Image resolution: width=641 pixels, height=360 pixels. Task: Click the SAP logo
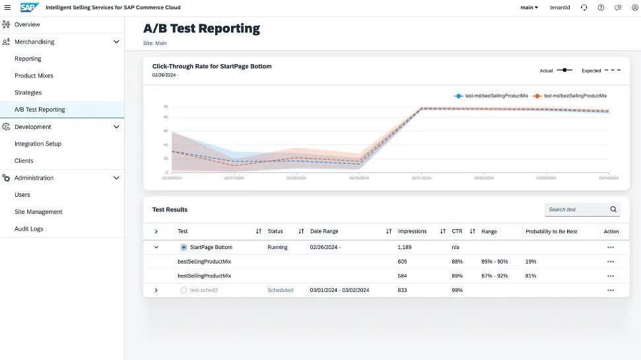click(x=30, y=7)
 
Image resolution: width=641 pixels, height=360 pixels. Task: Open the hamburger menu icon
click(x=7, y=7)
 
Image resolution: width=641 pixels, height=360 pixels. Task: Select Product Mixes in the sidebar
click(x=34, y=76)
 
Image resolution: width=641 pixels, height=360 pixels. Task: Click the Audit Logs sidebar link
click(x=29, y=229)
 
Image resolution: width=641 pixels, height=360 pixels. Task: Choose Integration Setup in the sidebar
click(x=38, y=144)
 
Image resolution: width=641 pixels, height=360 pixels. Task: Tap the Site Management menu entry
click(x=38, y=212)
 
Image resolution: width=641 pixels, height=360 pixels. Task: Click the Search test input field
click(x=577, y=209)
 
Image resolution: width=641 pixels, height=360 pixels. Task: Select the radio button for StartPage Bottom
click(x=184, y=247)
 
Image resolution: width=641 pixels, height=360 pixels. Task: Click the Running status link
click(x=277, y=247)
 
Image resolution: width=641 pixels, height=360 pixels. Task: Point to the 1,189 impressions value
click(x=405, y=247)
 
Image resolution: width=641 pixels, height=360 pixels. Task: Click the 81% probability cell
click(x=531, y=276)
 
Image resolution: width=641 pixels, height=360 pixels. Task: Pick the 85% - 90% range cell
click(x=494, y=262)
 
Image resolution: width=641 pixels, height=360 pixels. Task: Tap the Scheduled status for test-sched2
click(x=280, y=290)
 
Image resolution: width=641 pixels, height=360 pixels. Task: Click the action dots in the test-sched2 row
click(x=610, y=290)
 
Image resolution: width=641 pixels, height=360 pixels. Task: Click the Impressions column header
click(x=412, y=231)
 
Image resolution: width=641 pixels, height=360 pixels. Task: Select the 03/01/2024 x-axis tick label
click(x=421, y=178)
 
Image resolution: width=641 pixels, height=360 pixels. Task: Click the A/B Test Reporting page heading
click(x=201, y=28)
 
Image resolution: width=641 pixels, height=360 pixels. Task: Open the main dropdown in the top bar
click(x=529, y=7)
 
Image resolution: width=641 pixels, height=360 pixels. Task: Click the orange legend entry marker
click(x=538, y=96)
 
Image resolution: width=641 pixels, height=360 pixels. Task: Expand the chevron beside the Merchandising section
click(x=116, y=42)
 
